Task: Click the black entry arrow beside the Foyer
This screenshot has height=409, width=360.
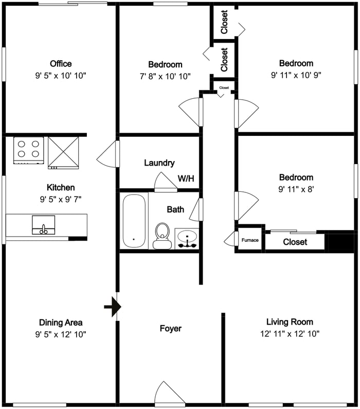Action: click(113, 307)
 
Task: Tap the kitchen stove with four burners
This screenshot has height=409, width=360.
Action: click(29, 151)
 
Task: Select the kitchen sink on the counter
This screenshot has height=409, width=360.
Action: click(44, 225)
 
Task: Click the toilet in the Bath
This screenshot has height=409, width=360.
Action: click(162, 236)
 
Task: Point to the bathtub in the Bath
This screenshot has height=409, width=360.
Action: click(134, 221)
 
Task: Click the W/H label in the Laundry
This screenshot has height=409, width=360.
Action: click(186, 179)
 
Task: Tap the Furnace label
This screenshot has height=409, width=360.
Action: click(250, 240)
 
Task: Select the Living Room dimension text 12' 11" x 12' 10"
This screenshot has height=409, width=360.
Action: click(290, 333)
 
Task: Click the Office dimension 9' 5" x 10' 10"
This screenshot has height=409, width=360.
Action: click(61, 76)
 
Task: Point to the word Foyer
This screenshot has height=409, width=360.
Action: click(170, 328)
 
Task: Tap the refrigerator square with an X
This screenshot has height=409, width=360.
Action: click(63, 153)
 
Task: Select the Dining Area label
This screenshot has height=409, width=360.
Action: click(61, 323)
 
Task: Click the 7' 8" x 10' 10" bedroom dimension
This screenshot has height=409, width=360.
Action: click(165, 77)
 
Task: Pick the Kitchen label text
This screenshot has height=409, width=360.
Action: click(61, 187)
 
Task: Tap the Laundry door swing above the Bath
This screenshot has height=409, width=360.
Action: click(166, 182)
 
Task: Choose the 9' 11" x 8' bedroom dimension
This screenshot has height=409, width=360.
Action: click(296, 189)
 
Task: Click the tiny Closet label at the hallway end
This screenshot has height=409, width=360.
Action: click(224, 87)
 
